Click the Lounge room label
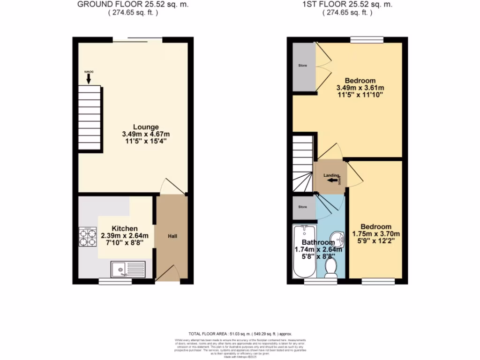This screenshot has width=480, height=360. tap(146, 127)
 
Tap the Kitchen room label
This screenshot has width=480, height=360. tap(125, 228)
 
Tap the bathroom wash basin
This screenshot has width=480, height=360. tap(337, 238)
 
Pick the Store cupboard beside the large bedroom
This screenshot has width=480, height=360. tap(303, 66)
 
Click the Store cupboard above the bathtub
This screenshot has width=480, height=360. tap(303, 207)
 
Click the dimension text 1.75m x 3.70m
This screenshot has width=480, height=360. tap(376, 234)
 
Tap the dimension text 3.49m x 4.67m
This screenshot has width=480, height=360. tap(146, 134)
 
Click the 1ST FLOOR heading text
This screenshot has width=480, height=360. tap(347, 5)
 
